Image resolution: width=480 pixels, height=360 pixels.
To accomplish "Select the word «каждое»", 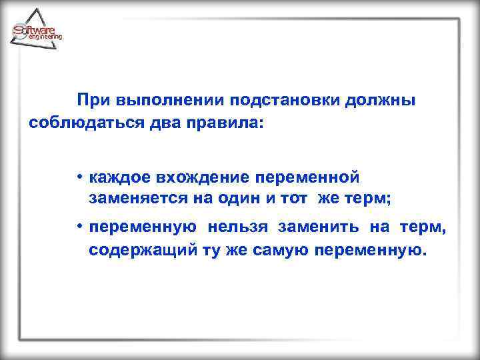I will (120, 177).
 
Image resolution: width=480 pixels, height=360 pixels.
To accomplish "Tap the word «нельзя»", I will (237, 228).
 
